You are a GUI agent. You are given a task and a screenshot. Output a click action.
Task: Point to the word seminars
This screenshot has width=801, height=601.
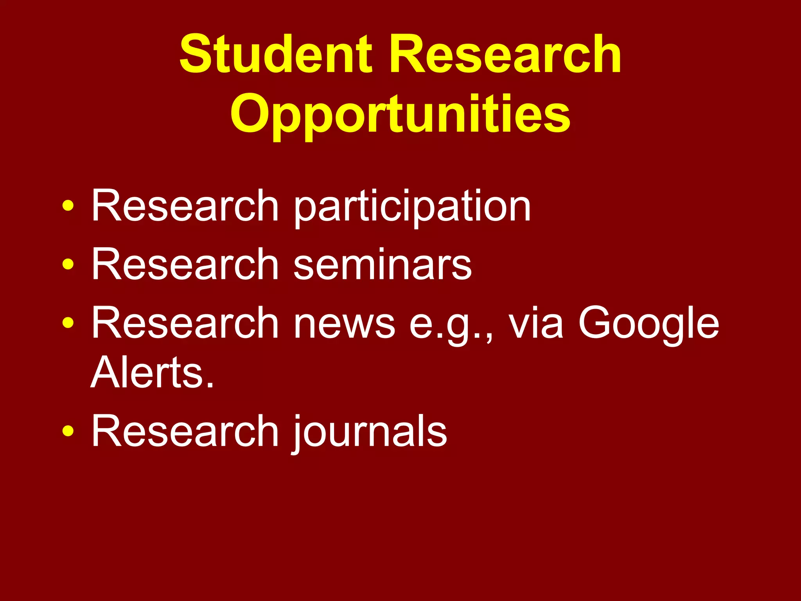tap(383, 265)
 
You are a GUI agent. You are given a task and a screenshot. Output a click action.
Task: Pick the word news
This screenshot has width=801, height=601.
tap(344, 324)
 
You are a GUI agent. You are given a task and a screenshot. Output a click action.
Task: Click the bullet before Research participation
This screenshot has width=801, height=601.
tap(68, 206)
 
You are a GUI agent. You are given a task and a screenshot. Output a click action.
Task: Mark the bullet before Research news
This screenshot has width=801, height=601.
tap(68, 323)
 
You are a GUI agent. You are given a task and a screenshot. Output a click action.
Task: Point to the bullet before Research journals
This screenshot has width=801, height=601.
tap(68, 431)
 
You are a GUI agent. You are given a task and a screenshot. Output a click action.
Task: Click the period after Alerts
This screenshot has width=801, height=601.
tap(210, 384)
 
